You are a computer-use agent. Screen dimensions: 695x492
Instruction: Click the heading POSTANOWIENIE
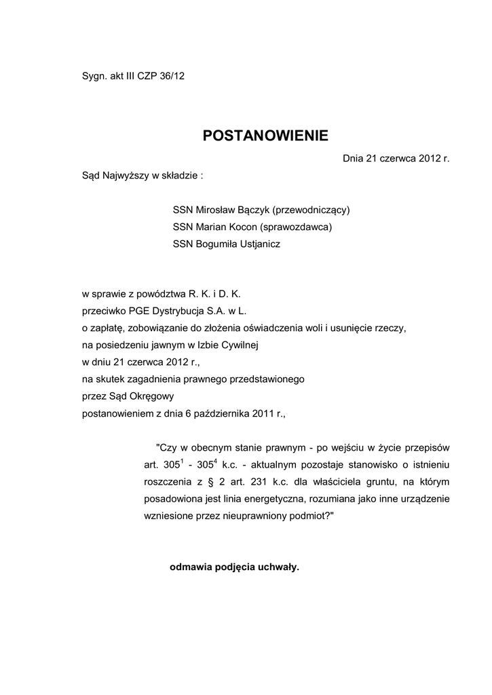[x=265, y=136]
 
